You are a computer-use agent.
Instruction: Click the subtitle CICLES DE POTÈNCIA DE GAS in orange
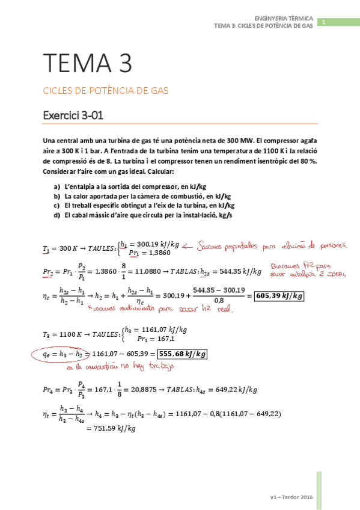pos(105,91)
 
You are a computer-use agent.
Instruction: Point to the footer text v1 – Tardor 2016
pos(292,497)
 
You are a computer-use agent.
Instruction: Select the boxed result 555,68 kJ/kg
pos(178,355)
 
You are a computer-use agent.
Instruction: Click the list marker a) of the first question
pos(57,187)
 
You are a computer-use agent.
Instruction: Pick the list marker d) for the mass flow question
pos(57,214)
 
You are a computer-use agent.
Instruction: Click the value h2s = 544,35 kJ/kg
pos(235,272)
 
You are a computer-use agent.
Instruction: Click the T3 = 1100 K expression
pos(64,334)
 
